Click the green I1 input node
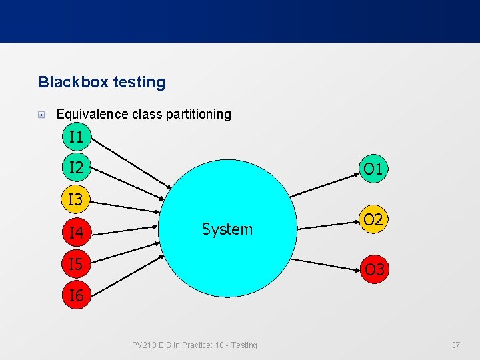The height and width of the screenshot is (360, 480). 77,138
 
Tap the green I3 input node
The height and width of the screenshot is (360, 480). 77,199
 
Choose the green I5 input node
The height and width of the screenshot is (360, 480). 77,265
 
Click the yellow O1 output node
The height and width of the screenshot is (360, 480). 373,169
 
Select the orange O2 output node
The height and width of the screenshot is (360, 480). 373,219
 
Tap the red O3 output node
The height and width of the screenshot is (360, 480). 374,269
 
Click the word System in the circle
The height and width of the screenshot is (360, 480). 227,229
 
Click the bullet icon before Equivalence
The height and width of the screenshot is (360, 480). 42,115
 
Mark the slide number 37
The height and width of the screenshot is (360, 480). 456,345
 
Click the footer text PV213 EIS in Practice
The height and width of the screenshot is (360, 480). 194,345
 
